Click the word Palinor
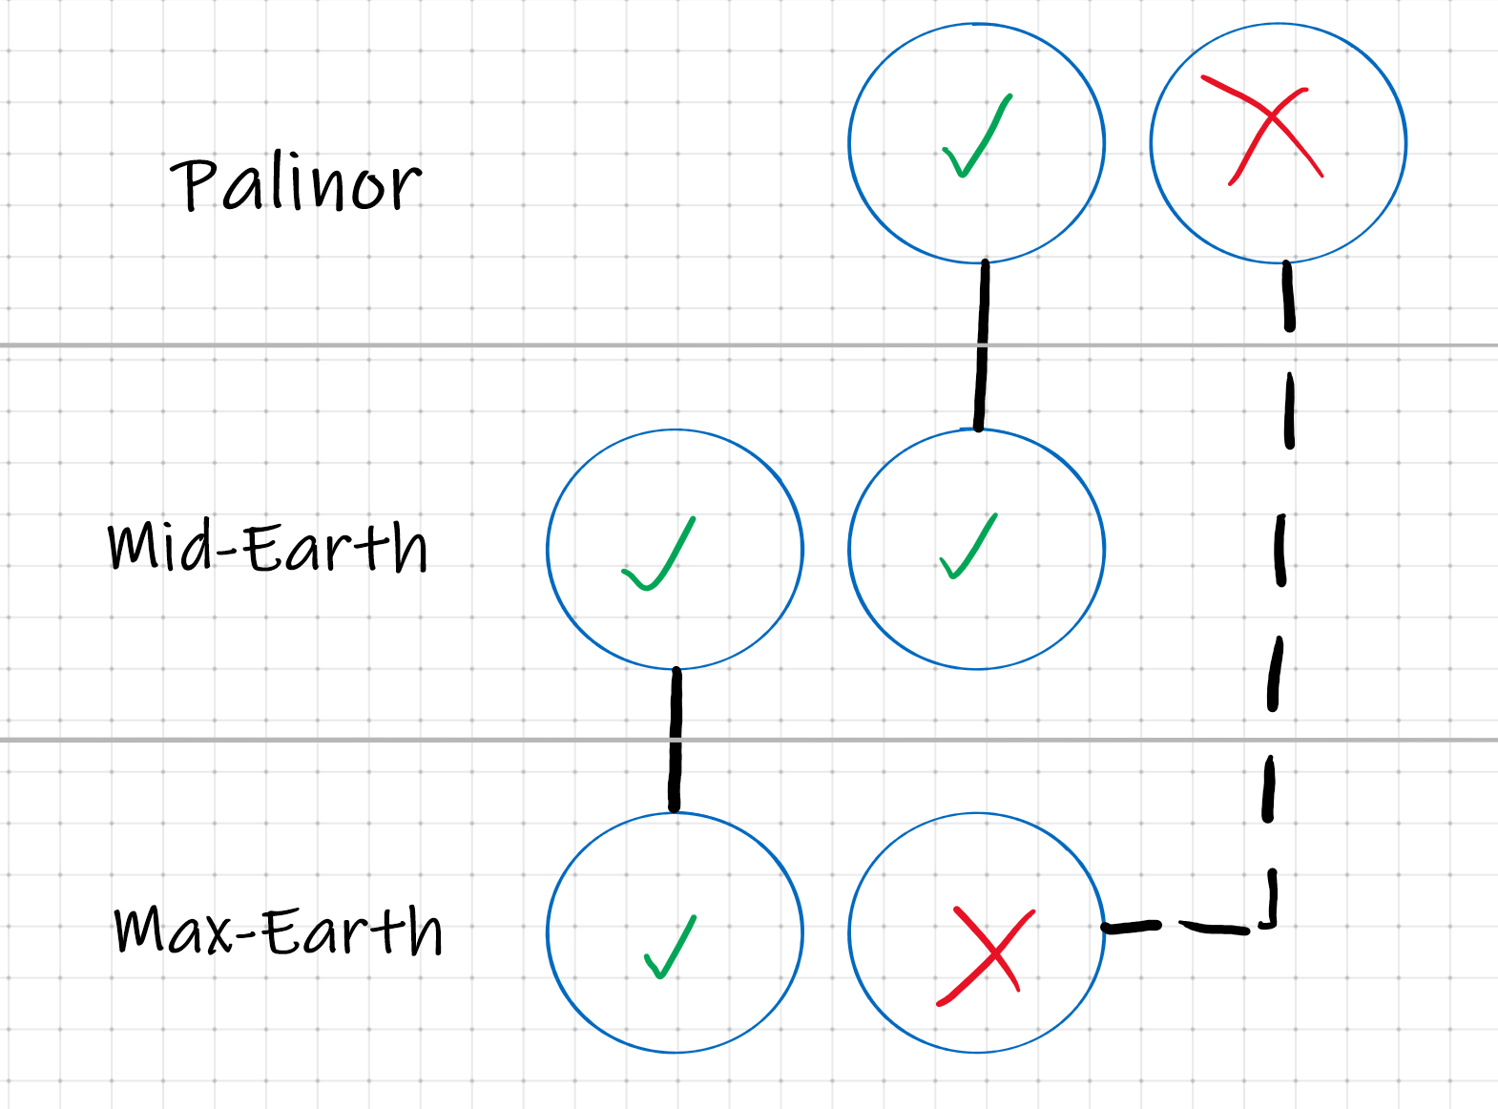296,184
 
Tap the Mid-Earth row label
267,547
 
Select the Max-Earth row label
278,931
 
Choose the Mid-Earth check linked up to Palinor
968,547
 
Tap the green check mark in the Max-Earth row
671,947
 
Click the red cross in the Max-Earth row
986,954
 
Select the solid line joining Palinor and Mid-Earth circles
982,345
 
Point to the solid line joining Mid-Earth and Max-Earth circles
676,740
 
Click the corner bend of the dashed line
1272,923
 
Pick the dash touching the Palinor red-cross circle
1288,296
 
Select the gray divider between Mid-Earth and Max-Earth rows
382,740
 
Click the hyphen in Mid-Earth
229,551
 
